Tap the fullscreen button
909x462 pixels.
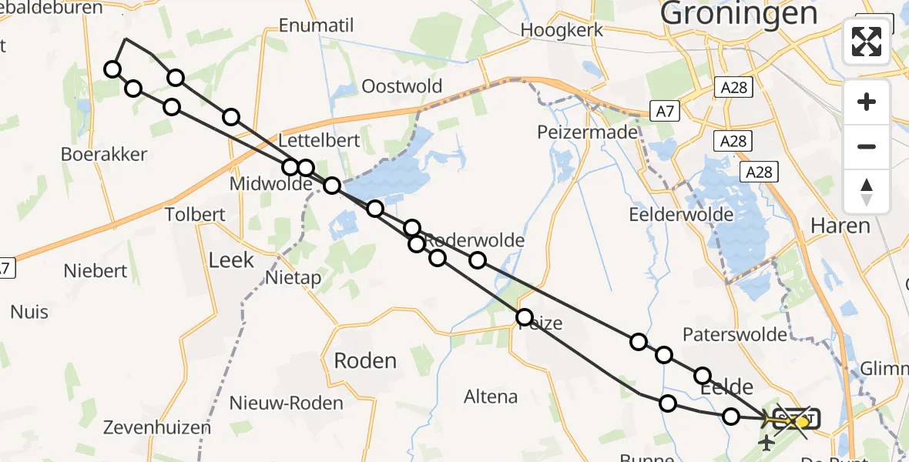tap(867, 41)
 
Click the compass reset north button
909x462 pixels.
tap(867, 192)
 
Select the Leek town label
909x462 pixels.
tap(231, 260)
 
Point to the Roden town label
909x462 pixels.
tap(365, 360)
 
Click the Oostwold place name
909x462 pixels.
tap(401, 85)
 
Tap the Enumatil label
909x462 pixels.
tap(316, 26)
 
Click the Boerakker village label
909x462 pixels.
tap(104, 154)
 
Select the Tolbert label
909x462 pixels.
tap(196, 214)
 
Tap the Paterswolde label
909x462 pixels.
tap(735, 334)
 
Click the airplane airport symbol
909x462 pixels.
tap(766, 443)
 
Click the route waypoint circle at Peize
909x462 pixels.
tap(525, 316)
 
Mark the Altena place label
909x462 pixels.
tap(491, 397)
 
